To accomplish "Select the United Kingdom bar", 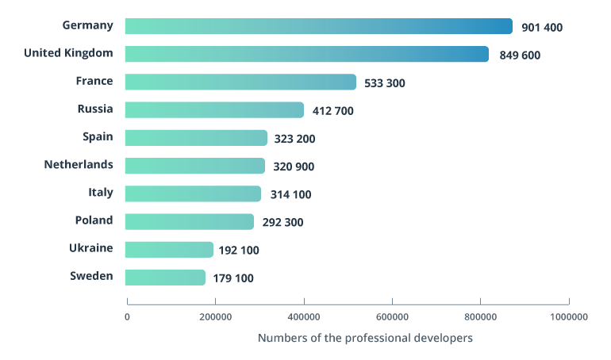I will (307, 54).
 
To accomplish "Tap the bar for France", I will (241, 82).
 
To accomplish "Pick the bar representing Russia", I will (215, 109).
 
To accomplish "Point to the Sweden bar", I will (165, 277).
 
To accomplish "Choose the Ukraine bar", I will (169, 249).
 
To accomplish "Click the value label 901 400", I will (542, 27).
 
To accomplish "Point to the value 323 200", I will (294, 138).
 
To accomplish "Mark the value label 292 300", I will (282, 222).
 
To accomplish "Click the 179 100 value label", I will (233, 278).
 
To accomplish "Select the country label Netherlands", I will (79, 165).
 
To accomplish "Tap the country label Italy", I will (101, 193).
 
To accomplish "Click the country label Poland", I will (94, 220).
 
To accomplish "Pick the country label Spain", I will (98, 136).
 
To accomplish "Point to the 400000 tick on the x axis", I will (304, 316).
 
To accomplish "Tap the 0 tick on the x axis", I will (127, 316).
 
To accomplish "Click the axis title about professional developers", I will (365, 338).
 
